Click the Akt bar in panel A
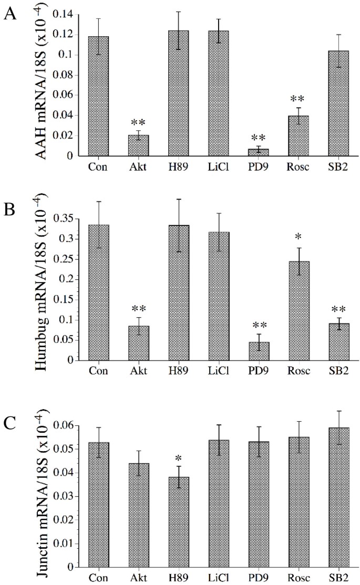pyautogui.click(x=139, y=145)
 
